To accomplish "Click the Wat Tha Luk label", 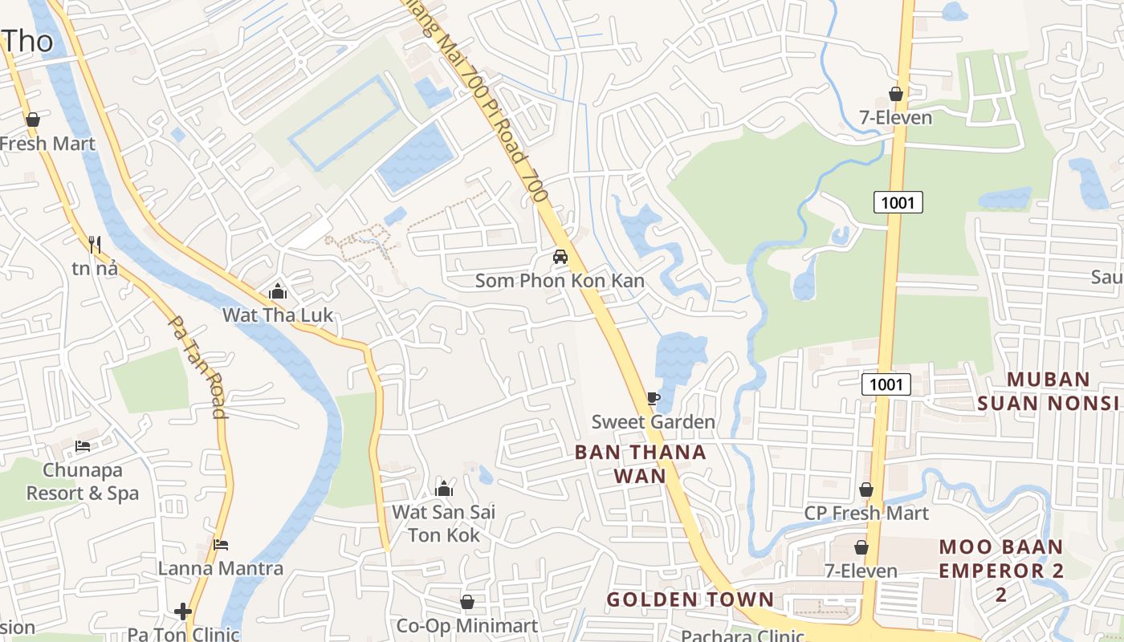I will pos(277,315).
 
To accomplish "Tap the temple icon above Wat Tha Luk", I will pos(278,291).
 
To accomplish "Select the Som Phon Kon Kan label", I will pos(560,281).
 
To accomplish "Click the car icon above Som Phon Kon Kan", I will pos(560,257).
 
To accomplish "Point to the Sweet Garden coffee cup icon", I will pos(653,398).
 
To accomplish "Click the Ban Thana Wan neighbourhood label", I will pos(641,464).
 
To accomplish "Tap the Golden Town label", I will pos(690,599).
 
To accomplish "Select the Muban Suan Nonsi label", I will pos(1049,391).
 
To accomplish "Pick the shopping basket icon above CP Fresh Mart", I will pos(866,490).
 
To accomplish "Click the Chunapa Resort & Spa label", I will pos(83,481).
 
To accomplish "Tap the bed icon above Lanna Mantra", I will pos(221,545).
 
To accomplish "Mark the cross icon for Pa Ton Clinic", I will pos(183,612).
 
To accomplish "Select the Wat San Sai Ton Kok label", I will pos(444,523).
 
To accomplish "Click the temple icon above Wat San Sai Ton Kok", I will pos(444,489).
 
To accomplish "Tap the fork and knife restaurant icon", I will pos(95,244).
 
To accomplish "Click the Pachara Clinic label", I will pos(743,636).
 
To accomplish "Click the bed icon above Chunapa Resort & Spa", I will pos(83,446).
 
